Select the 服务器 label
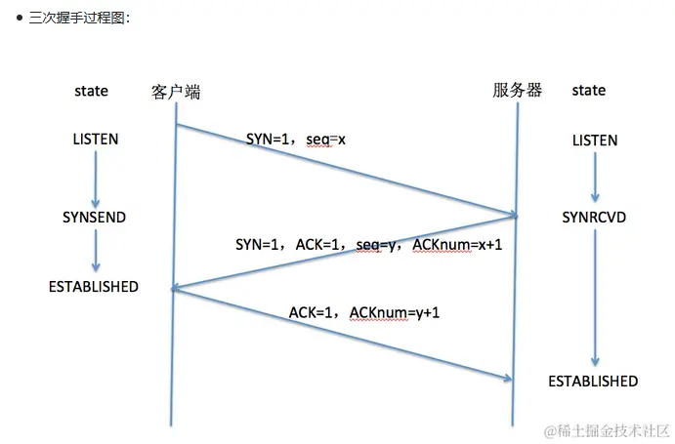pyautogui.click(x=517, y=91)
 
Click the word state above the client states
pyautogui.click(x=92, y=91)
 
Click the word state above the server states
pyautogui.click(x=588, y=91)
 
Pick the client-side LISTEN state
pyautogui.click(x=95, y=139)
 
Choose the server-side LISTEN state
pyautogui.click(x=594, y=141)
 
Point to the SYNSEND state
pyautogui.click(x=94, y=217)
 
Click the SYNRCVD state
pyautogui.click(x=594, y=217)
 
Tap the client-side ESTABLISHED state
pyautogui.click(x=94, y=287)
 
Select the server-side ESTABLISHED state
pyautogui.click(x=593, y=381)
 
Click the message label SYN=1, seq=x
pyautogui.click(x=296, y=140)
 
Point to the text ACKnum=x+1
pyautogui.click(x=458, y=243)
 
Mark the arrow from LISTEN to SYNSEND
pyautogui.click(x=96, y=178)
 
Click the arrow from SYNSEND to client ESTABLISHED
pyautogui.click(x=96, y=251)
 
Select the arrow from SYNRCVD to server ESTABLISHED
pyautogui.click(x=594, y=298)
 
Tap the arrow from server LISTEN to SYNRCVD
pyautogui.click(x=594, y=178)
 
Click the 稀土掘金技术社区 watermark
pyautogui.click(x=606, y=430)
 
